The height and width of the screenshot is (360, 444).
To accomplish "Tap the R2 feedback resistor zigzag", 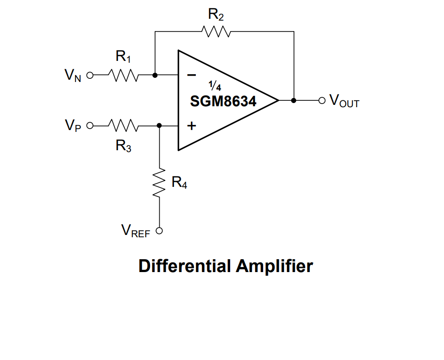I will click(x=215, y=31).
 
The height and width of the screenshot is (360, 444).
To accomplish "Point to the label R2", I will click(x=216, y=15).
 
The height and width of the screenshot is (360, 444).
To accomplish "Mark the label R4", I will click(x=179, y=183).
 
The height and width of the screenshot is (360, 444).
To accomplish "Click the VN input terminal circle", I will click(x=90, y=75).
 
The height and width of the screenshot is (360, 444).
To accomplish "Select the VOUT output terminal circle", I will click(x=322, y=100).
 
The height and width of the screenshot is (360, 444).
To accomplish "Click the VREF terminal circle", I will click(x=160, y=231).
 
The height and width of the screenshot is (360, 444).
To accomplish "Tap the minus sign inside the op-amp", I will click(x=192, y=75).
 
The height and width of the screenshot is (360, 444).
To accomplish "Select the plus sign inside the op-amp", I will click(x=192, y=125).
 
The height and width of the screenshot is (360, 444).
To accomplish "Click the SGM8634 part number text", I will click(x=223, y=101).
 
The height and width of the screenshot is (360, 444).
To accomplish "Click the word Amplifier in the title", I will click(x=275, y=266).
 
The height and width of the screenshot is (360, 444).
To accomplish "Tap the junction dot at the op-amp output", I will click(x=293, y=100).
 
